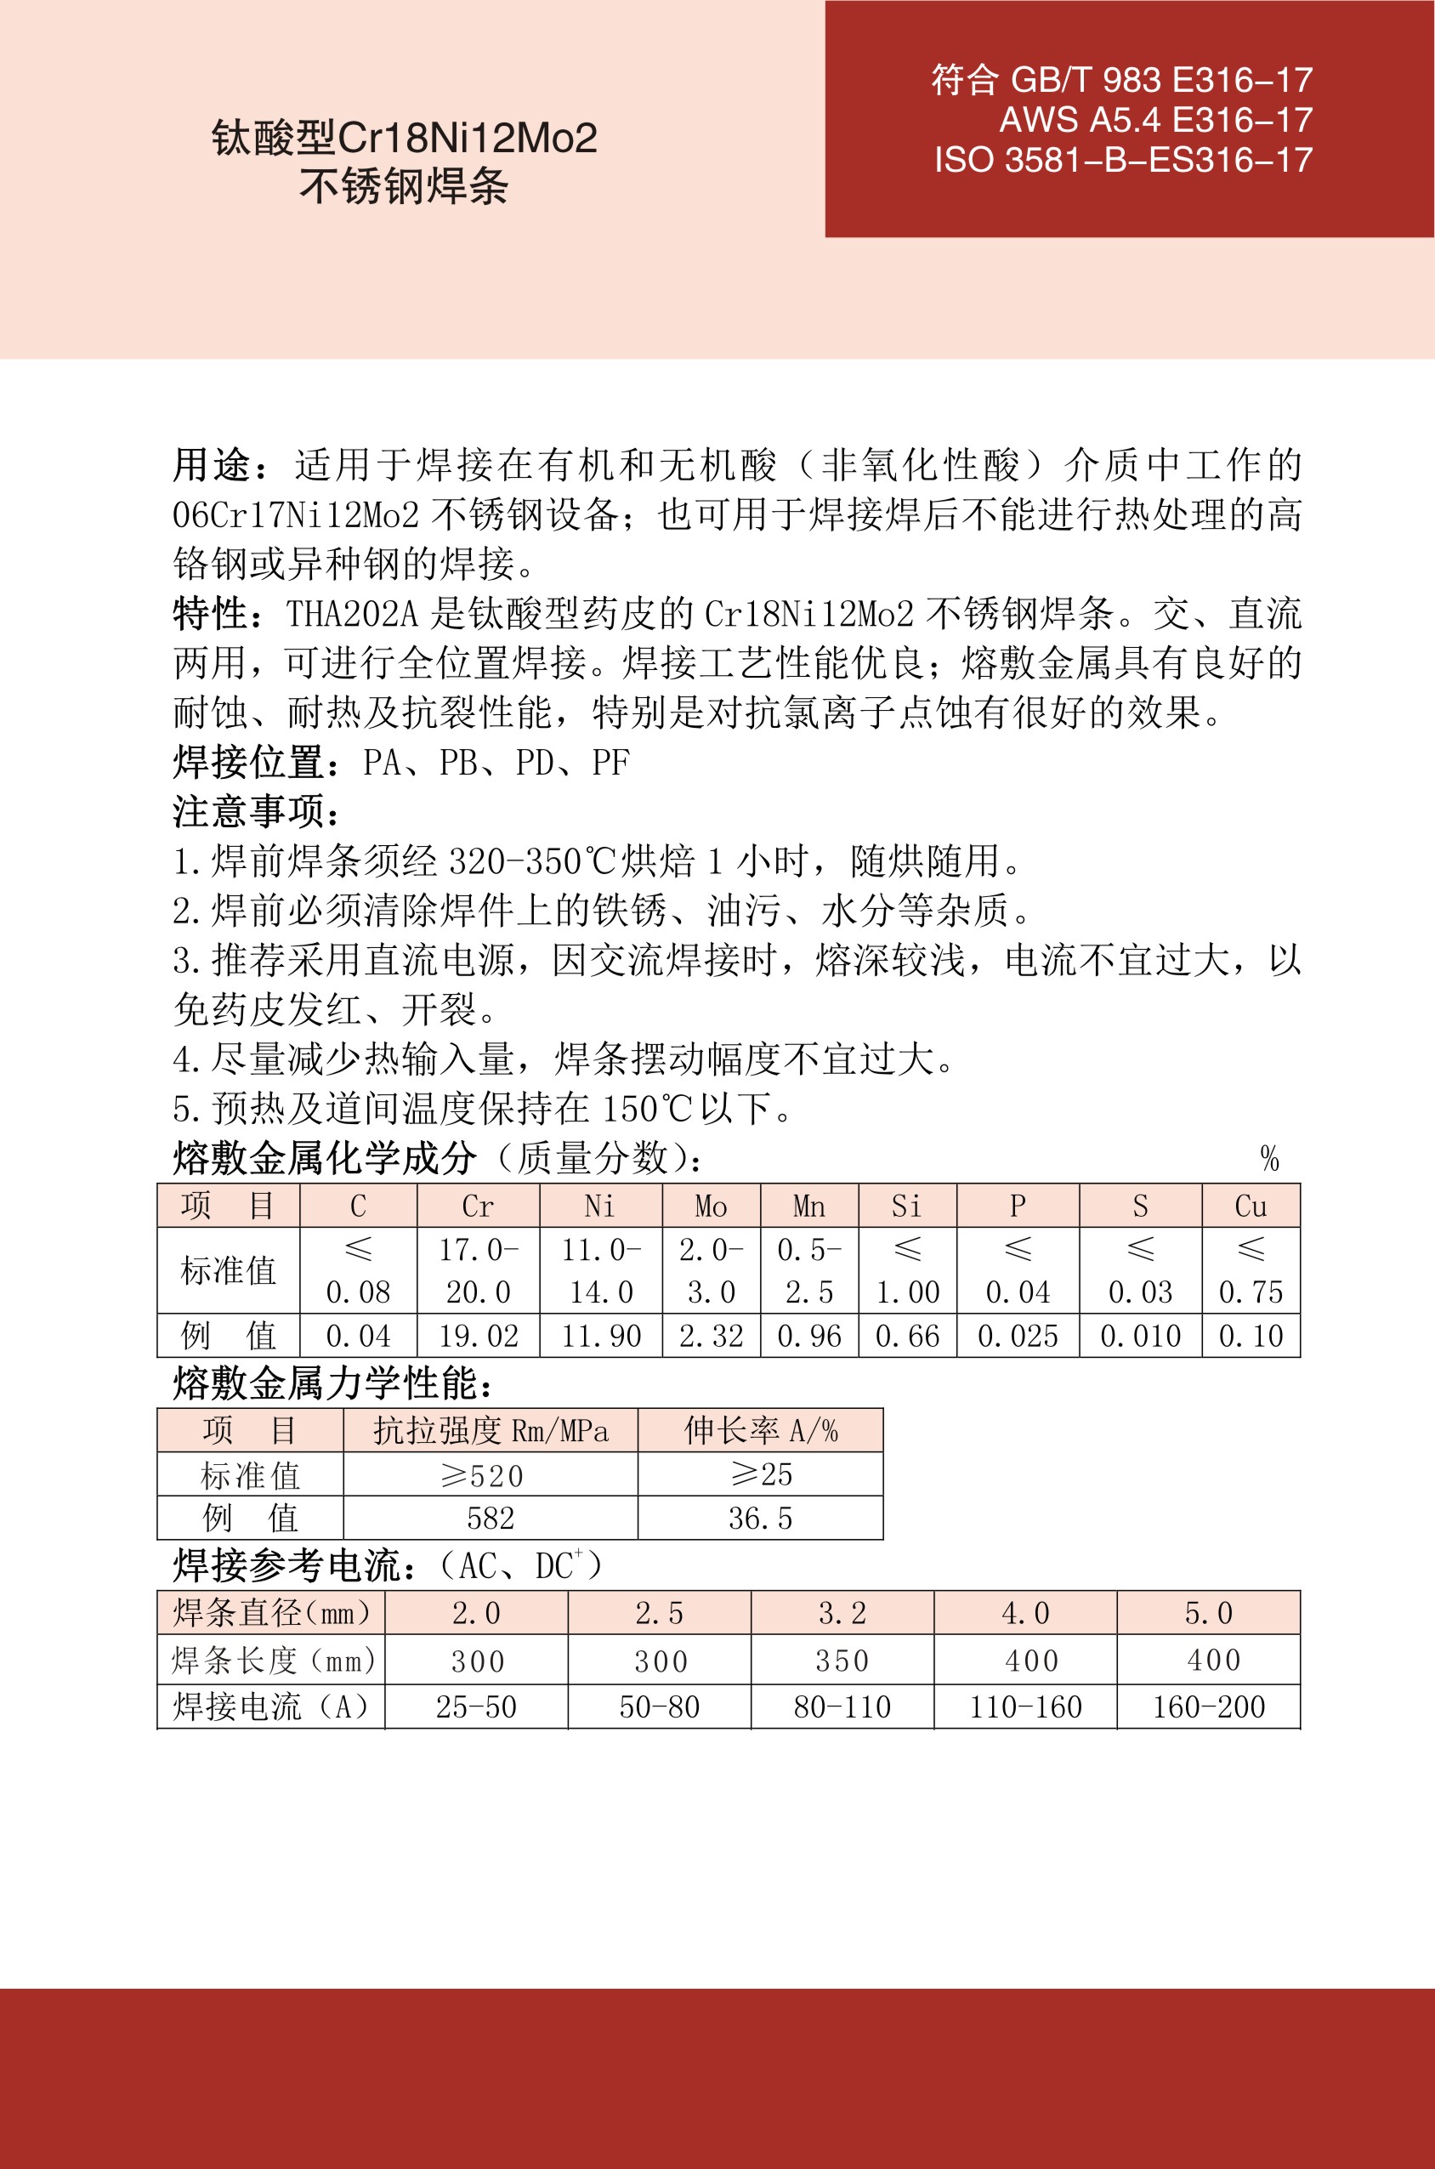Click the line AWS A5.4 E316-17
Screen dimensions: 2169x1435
point(1155,120)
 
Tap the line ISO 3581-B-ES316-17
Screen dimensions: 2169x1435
point(1123,160)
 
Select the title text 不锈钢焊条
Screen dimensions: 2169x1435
point(404,187)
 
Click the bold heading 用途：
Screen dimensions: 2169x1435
point(222,466)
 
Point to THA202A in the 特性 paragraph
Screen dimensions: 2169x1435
point(352,614)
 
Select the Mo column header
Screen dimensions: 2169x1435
point(711,1207)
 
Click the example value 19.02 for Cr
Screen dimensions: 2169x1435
point(478,1337)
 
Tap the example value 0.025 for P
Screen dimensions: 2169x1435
point(1018,1337)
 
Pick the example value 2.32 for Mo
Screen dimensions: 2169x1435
point(711,1337)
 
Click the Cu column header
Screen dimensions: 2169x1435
point(1251,1207)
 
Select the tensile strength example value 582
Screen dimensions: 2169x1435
point(491,1519)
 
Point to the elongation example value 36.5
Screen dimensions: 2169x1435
point(761,1519)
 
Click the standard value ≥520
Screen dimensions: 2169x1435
point(482,1475)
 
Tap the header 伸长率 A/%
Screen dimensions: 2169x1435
point(761,1430)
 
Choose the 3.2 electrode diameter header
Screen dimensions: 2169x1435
point(842,1613)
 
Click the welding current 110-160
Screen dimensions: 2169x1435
point(1026,1706)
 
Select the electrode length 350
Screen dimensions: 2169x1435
point(842,1661)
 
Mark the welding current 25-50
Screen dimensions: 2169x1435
point(476,1706)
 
